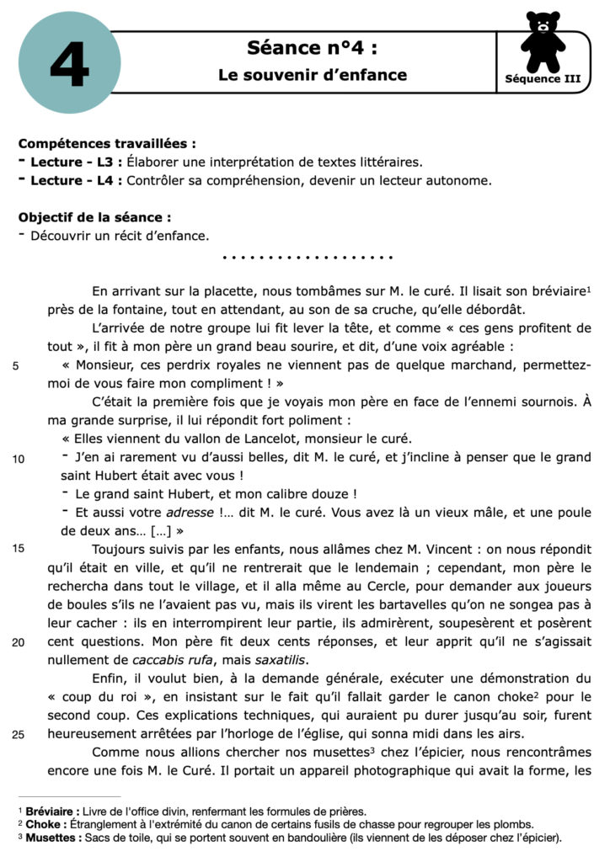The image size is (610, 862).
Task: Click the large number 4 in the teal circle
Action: (x=69, y=65)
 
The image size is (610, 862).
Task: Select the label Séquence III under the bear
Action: (x=543, y=79)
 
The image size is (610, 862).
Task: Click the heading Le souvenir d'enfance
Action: (x=313, y=75)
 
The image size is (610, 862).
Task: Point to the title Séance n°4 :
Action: (x=312, y=47)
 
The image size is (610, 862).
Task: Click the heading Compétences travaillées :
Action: (x=108, y=144)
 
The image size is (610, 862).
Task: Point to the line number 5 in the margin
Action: (x=16, y=365)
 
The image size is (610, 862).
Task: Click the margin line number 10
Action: (x=19, y=458)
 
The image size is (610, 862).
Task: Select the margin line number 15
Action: (x=19, y=549)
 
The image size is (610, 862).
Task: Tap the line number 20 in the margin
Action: (x=19, y=641)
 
